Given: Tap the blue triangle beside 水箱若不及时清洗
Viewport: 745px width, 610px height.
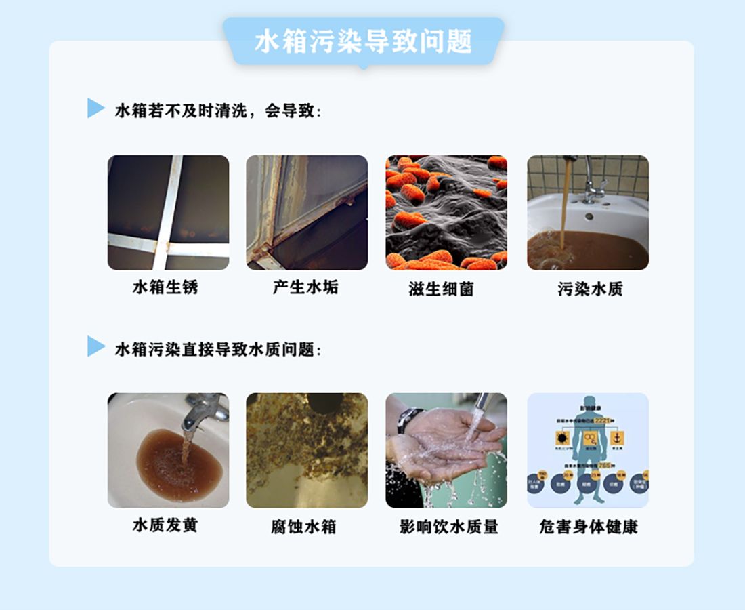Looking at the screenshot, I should (x=95, y=108).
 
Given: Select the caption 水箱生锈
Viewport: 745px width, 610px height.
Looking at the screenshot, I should (x=165, y=287).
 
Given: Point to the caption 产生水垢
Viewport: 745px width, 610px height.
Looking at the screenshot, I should (x=305, y=287).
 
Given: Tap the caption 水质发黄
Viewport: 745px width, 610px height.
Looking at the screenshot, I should (x=165, y=525).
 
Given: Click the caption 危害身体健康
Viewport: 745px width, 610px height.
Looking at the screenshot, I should (x=589, y=527).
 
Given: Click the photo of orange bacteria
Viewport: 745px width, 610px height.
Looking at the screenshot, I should (x=446, y=212).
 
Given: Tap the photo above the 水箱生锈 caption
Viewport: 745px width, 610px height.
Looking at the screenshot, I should (x=168, y=212).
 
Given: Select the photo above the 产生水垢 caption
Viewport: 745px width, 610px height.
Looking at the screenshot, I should (x=307, y=212).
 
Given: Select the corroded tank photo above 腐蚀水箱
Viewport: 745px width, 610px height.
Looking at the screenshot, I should (x=307, y=450).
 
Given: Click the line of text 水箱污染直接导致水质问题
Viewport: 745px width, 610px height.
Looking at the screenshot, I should (x=217, y=350).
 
